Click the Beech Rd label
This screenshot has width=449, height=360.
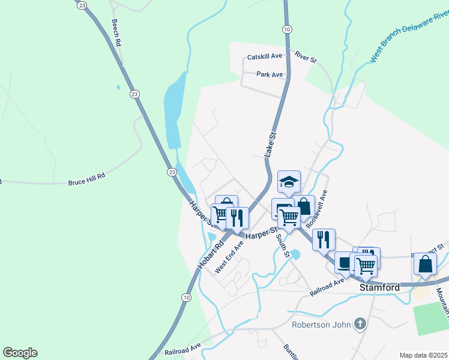(x=116, y=32)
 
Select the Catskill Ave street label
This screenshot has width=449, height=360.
(x=265, y=56)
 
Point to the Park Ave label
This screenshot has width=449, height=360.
(x=270, y=74)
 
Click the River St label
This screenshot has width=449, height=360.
(x=305, y=57)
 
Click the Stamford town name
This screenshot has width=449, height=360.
(x=379, y=288)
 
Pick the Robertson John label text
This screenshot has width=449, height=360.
(x=320, y=325)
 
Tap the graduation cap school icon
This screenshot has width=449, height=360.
(x=289, y=182)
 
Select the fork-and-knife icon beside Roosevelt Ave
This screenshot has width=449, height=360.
(x=324, y=239)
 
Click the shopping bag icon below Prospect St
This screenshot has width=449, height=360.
(x=425, y=263)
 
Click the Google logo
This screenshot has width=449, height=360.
(x=20, y=353)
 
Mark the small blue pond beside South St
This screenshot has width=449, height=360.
(x=296, y=254)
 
